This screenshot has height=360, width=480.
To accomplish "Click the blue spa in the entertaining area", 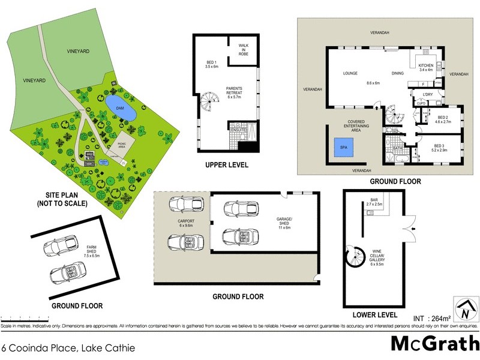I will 342,148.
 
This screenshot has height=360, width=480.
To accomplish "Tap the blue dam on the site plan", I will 120,108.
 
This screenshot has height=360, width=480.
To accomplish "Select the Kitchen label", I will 425,67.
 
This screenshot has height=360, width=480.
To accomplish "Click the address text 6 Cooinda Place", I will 67,347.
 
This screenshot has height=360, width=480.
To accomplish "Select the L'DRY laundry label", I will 428,95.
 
